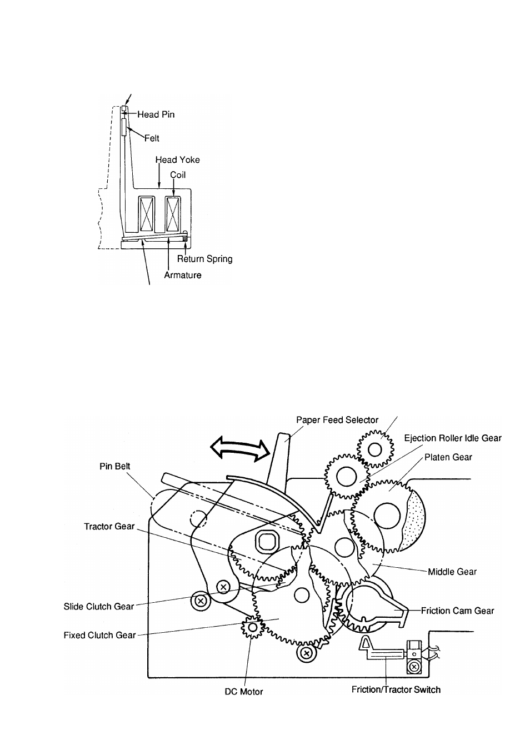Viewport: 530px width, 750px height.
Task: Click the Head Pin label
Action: [x=156, y=114]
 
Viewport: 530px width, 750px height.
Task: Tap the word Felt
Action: [x=152, y=138]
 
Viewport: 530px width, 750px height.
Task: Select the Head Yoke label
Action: [x=178, y=160]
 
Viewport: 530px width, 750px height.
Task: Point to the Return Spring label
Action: [x=204, y=259]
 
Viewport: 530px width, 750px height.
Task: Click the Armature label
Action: [x=182, y=275]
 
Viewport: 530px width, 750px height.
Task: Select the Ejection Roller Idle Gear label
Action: [x=452, y=438]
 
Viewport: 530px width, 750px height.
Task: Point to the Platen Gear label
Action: [x=448, y=457]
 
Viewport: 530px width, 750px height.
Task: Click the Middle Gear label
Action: [x=452, y=571]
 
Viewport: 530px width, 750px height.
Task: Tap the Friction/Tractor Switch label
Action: [x=396, y=689]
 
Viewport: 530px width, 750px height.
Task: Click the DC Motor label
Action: [x=243, y=692]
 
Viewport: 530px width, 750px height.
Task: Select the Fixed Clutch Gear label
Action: [x=99, y=635]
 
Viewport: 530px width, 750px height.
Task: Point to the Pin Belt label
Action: [x=114, y=466]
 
